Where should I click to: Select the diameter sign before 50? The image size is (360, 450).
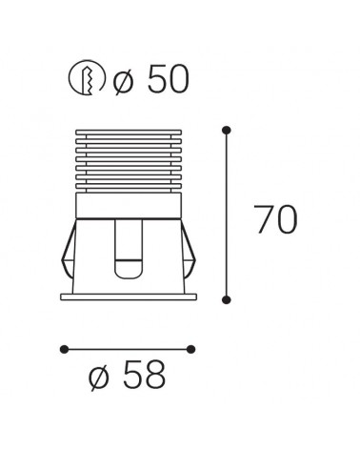pyautogui.click(x=125, y=80)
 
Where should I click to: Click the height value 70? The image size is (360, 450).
pyautogui.click(x=275, y=220)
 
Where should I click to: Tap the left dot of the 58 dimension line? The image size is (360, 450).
pyautogui.click(x=63, y=347)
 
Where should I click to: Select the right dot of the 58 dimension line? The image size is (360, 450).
pyautogui.click(x=190, y=347)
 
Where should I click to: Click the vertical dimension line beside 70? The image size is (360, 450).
pyautogui.click(x=226, y=215)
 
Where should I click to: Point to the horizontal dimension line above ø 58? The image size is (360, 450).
pyautogui.click(x=127, y=347)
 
